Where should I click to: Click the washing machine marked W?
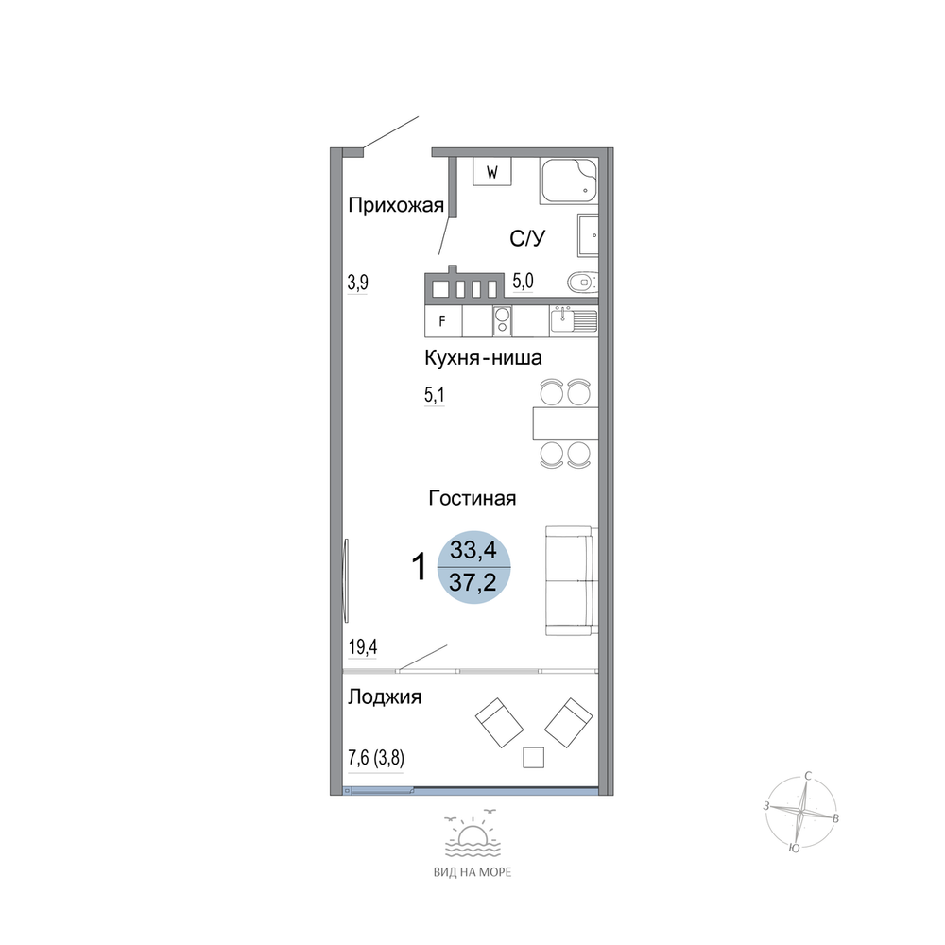tap(491, 172)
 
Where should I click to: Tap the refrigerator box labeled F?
tap(443, 320)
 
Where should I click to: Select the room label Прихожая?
tap(396, 205)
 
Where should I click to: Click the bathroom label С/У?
tap(527, 238)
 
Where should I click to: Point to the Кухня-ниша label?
tap(483, 358)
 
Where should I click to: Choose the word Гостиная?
tap(472, 498)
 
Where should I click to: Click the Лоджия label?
tap(385, 697)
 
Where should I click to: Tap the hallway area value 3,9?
tap(358, 282)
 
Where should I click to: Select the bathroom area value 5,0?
tap(524, 281)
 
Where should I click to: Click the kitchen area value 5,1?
tap(435, 395)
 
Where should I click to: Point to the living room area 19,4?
tap(363, 647)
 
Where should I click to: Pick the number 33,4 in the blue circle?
tap(473, 550)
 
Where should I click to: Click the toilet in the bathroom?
tap(582, 282)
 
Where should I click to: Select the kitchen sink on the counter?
tap(574, 320)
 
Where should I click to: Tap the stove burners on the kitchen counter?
tap(502, 320)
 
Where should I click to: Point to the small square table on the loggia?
tap(533, 758)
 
